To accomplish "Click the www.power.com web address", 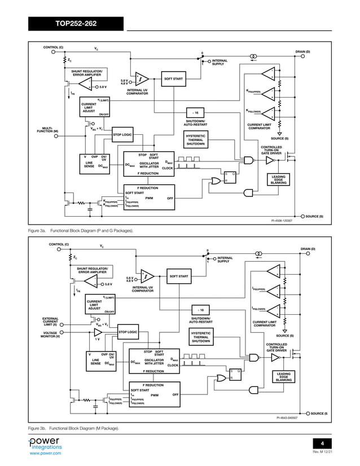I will (45, 452).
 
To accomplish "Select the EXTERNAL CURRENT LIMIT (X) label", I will (47, 322).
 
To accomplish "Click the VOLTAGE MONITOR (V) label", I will (47, 335).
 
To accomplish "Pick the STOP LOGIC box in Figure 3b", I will (128, 332).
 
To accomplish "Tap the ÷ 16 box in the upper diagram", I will (195, 113).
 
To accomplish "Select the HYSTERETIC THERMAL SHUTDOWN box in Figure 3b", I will (200, 337).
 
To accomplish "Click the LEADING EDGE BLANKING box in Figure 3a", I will (279, 179).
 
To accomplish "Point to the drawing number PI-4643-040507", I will (287, 418).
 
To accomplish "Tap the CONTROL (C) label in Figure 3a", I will (54, 47).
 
